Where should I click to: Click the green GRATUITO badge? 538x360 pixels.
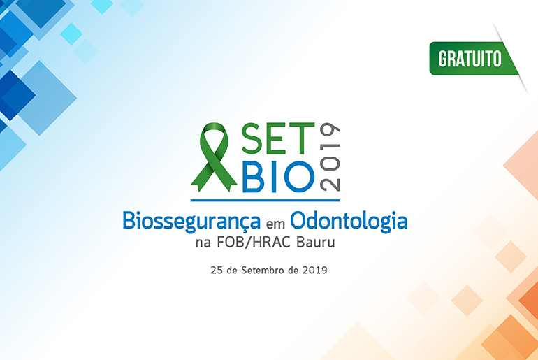(474, 58)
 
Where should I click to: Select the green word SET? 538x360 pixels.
(278, 138)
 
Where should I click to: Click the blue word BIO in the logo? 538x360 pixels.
(278, 177)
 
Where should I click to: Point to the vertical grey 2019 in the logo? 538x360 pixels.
(330, 157)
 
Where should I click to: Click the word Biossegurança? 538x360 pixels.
(191, 222)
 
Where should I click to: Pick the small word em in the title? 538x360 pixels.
(275, 224)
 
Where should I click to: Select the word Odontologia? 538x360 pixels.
(349, 222)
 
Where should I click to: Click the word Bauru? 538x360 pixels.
(315, 243)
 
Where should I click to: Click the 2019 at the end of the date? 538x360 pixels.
(315, 270)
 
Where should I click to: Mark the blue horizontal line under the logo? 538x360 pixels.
(266, 200)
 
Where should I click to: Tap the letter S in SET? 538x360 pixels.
(252, 138)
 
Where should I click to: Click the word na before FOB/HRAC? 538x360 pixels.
(203, 244)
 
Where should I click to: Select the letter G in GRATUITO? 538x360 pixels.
(443, 59)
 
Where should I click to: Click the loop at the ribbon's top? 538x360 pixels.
(214, 133)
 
